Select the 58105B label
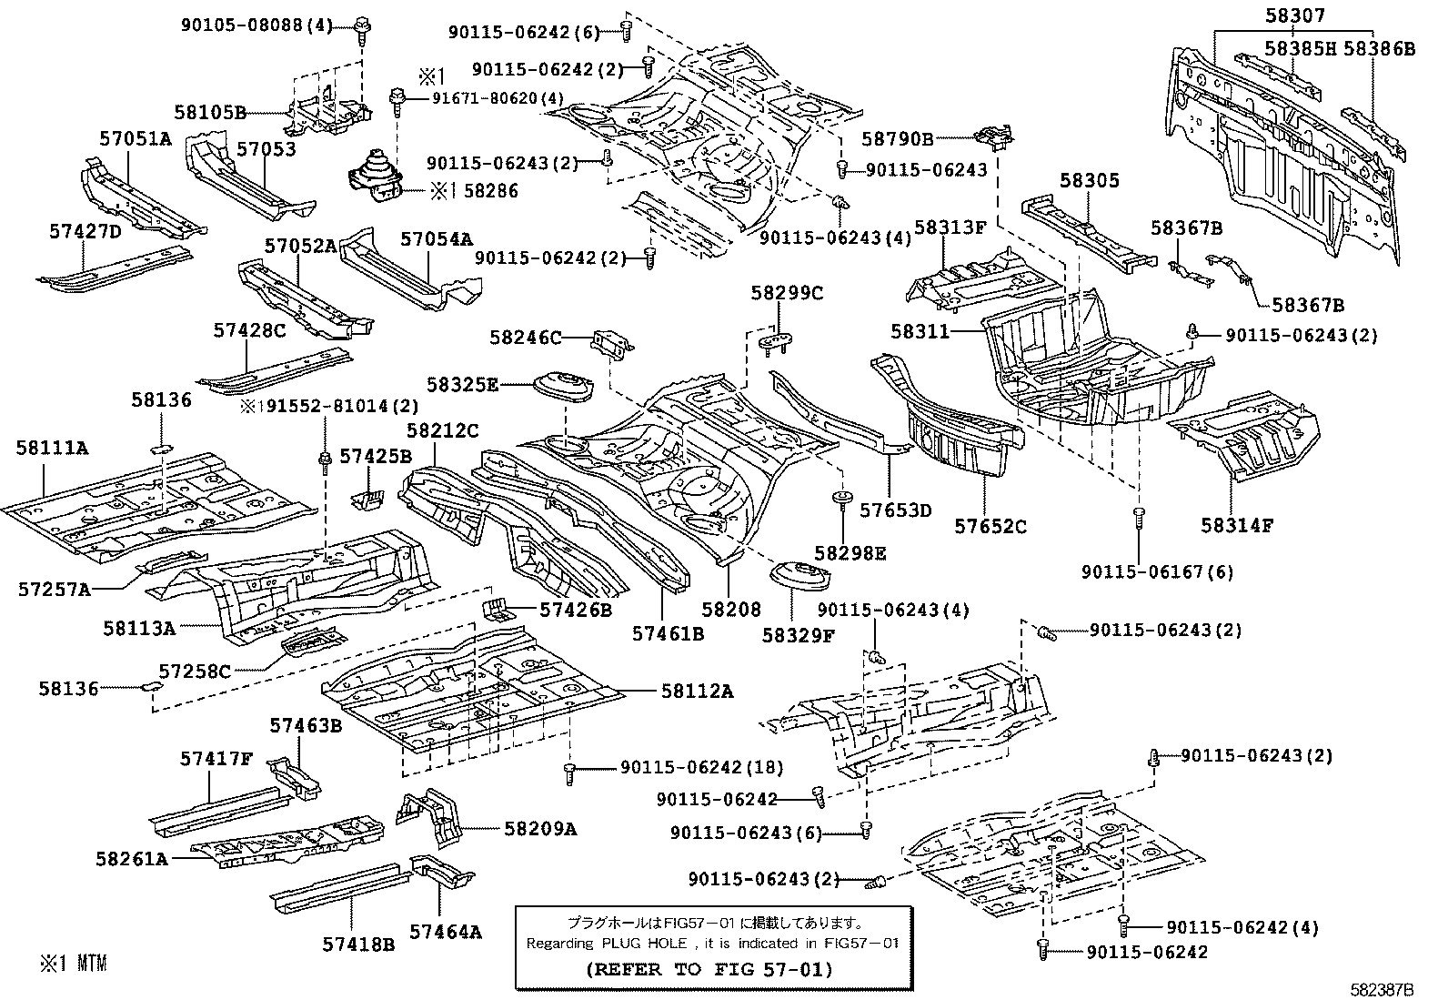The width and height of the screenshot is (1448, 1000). [x=210, y=113]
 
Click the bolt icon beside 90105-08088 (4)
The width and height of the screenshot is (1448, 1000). [x=361, y=25]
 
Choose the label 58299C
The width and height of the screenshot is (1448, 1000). [x=787, y=293]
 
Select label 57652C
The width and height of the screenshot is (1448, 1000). [x=990, y=525]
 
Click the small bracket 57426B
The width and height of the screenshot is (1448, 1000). [x=495, y=609]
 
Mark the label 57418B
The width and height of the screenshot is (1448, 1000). [x=357, y=944]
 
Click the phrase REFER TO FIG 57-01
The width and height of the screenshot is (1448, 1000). [x=708, y=969]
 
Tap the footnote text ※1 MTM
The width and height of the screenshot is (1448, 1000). [x=73, y=963]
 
